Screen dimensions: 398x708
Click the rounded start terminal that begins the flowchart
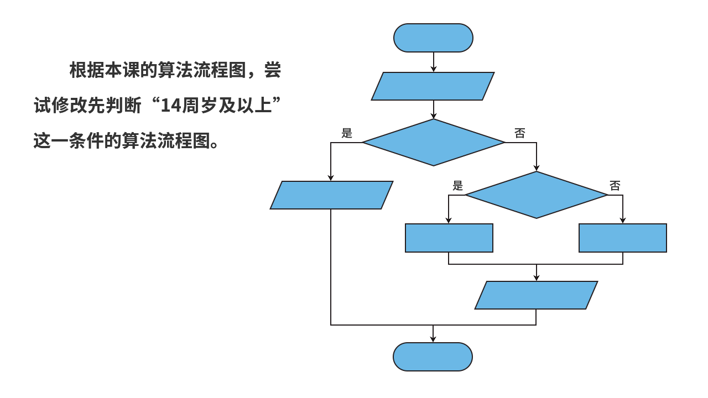tap(433, 38)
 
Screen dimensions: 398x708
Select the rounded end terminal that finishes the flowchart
tap(433, 357)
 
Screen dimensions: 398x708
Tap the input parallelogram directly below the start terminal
tap(433, 86)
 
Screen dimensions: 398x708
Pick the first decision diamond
tap(434, 143)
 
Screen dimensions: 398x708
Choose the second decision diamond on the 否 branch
tap(536, 195)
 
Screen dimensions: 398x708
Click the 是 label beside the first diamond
tap(347, 133)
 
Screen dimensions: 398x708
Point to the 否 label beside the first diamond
tap(520, 133)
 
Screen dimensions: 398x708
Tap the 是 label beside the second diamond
tap(457, 185)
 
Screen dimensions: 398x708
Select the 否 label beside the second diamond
tap(615, 186)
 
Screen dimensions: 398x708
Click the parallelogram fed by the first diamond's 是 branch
tap(331, 195)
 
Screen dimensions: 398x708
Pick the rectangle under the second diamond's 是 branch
tap(449, 238)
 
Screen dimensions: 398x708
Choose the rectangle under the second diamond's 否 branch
tap(622, 238)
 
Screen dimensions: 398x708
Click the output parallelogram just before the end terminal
tap(537, 295)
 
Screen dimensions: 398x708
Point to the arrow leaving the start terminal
tap(434, 62)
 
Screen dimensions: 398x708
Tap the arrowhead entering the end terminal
tap(433, 338)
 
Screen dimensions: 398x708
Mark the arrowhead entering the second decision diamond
tap(536, 167)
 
